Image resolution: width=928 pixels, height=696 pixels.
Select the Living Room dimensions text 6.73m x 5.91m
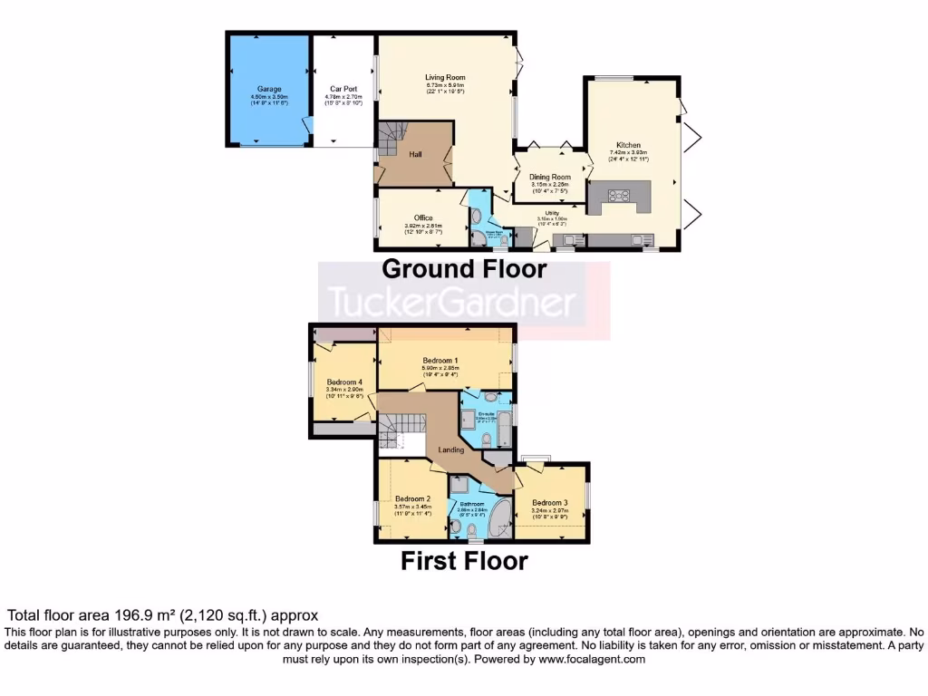click(445, 85)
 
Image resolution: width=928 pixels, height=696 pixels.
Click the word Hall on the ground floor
click(415, 155)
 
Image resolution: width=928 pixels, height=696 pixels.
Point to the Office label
click(423, 218)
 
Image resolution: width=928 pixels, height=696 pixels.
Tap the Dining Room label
click(550, 178)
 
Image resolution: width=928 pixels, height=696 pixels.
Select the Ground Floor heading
click(464, 268)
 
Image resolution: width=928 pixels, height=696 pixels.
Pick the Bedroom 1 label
click(440, 361)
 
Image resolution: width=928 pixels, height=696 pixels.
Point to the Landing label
click(451, 449)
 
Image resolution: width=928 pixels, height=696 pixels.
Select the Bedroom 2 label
click(412, 498)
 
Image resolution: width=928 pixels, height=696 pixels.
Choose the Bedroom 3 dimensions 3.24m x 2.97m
click(550, 511)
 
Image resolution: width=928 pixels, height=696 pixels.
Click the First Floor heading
click(464, 561)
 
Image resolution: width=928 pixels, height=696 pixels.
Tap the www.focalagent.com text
click(592, 660)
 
